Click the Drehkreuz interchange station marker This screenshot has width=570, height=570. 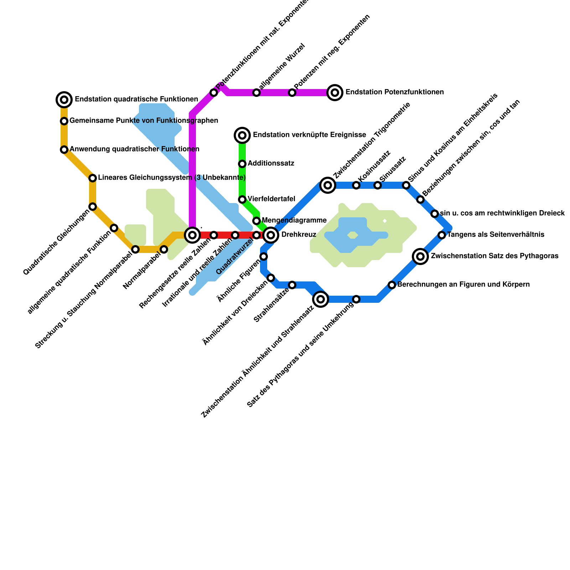pyautogui.click(x=271, y=235)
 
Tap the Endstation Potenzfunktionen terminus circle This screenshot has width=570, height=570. pyautogui.click(x=335, y=93)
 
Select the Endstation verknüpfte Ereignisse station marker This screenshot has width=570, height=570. pyautogui.click(x=242, y=135)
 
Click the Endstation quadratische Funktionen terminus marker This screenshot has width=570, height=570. pyautogui.click(x=64, y=100)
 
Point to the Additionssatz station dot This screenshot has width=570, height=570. pyautogui.click(x=242, y=164)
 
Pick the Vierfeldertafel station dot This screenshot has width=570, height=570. pyautogui.click(x=242, y=199)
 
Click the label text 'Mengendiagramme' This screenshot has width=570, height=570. pyautogui.click(x=294, y=221)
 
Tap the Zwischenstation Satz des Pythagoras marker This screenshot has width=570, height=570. pyautogui.click(x=420, y=256)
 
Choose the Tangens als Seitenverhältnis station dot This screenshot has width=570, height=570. pyautogui.click(x=442, y=235)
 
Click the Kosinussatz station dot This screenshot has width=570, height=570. pyautogui.click(x=356, y=185)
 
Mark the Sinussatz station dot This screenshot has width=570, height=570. pyautogui.click(x=378, y=185)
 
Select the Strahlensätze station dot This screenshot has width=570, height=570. pyautogui.click(x=292, y=285)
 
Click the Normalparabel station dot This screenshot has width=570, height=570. pyautogui.click(x=164, y=249)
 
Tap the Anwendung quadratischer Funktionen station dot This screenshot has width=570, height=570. pyautogui.click(x=64, y=150)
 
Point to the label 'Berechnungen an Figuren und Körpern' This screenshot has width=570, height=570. pyautogui.click(x=463, y=285)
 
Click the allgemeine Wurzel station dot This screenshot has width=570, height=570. pyautogui.click(x=256, y=93)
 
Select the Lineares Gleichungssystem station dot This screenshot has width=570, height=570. pyautogui.click(x=93, y=178)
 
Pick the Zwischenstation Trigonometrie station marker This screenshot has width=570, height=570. pyautogui.click(x=328, y=185)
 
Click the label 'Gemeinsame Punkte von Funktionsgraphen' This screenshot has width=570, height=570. pyautogui.click(x=144, y=121)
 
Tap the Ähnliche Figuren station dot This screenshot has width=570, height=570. pyautogui.click(x=264, y=256)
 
